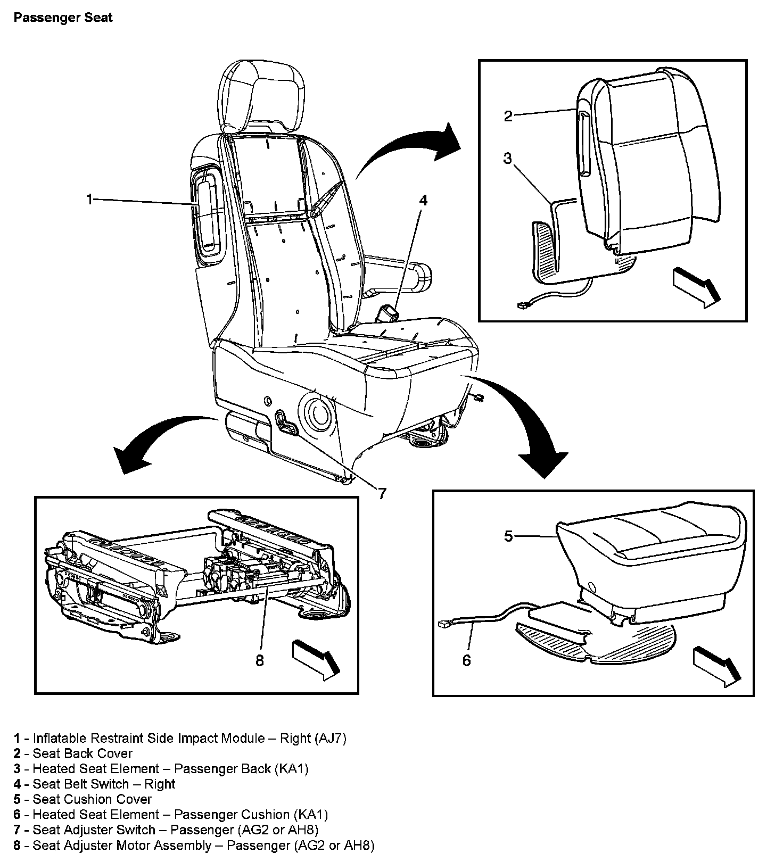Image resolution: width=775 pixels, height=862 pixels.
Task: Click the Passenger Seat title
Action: coord(63,18)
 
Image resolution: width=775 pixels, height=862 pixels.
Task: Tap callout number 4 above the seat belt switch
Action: coord(423,200)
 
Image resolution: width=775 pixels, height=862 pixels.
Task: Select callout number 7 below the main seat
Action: coord(382,493)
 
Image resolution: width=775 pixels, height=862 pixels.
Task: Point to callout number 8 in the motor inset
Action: coord(259,660)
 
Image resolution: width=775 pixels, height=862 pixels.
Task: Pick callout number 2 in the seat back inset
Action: coord(508,115)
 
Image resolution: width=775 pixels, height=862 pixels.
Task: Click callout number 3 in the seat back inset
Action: coord(507,158)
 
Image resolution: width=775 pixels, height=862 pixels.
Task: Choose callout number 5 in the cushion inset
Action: coord(508,536)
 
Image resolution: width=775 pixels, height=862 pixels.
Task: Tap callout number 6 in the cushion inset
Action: coord(466,660)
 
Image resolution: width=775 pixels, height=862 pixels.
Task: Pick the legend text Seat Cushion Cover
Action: coord(92,799)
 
